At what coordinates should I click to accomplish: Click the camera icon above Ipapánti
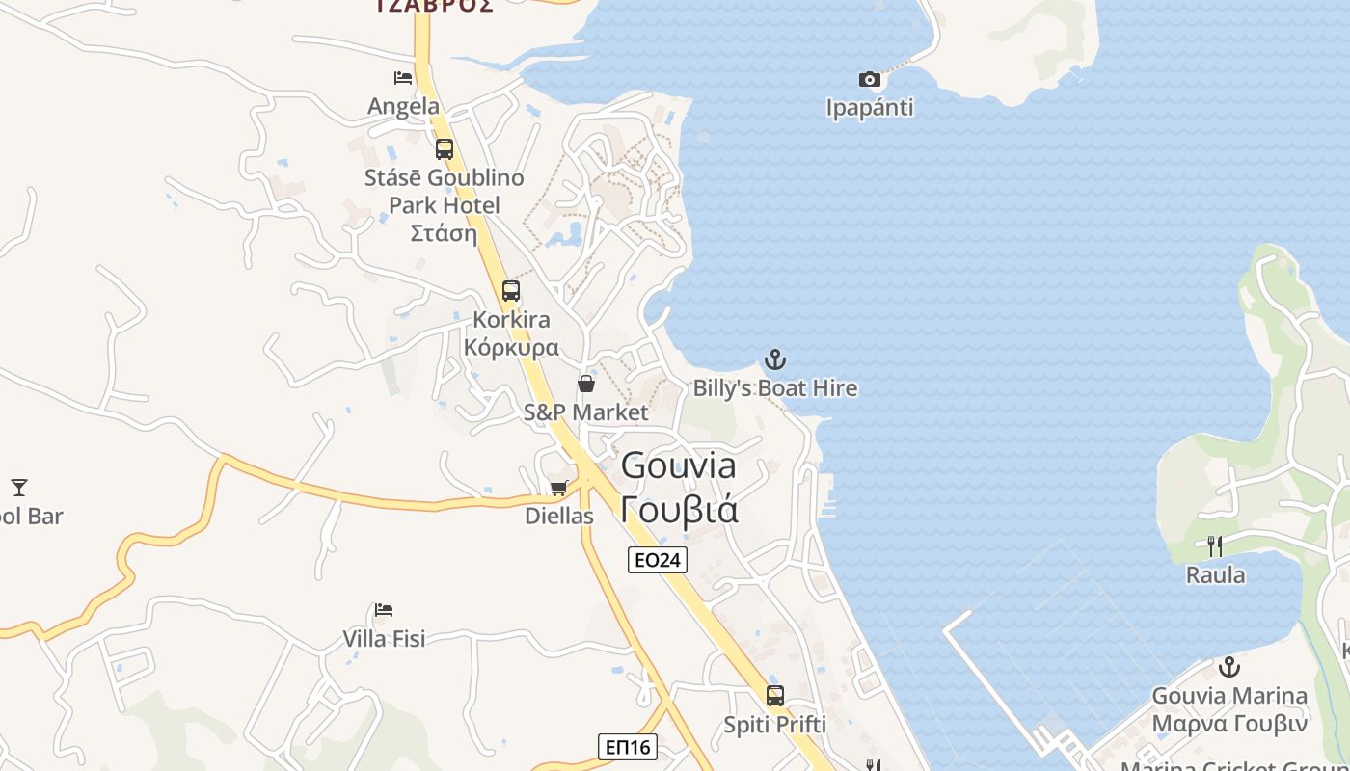point(870,79)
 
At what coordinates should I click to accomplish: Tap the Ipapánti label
point(870,108)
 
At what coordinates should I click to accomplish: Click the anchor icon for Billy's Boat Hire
point(775,360)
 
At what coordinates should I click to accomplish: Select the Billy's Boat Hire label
point(775,388)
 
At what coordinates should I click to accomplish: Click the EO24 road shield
point(658,560)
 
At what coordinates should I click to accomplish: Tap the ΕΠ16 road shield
point(628,747)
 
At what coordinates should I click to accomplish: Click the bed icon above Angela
point(403,78)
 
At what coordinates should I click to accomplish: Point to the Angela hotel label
point(403,106)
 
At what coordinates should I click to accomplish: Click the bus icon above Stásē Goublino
point(445,149)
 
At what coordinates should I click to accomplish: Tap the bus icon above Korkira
point(511,291)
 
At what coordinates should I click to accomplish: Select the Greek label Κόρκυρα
point(511,347)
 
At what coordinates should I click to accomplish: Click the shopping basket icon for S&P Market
point(586,385)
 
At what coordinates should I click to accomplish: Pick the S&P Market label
point(586,412)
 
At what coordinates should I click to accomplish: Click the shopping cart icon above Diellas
point(558,489)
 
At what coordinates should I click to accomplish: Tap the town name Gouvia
point(679,465)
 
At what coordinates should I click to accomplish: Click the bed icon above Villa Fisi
point(384,610)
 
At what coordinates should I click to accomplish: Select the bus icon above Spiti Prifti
point(775,696)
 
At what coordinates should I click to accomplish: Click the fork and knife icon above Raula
point(1215,546)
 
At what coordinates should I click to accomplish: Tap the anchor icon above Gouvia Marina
point(1229,667)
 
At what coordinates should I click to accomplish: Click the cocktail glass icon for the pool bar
point(19,488)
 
